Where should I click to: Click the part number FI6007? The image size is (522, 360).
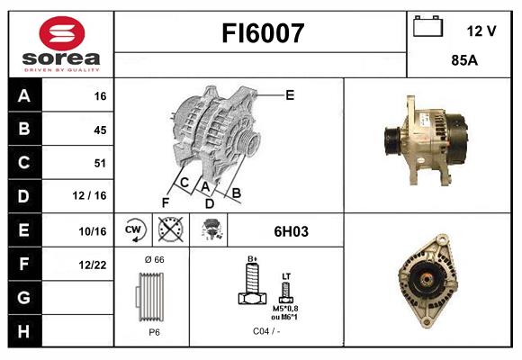pyautogui.click(x=263, y=34)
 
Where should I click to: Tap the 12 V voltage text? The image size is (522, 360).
pyautogui.click(x=481, y=31)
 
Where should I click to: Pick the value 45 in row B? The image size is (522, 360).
pyautogui.click(x=99, y=130)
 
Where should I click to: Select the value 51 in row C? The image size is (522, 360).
pyautogui.click(x=99, y=164)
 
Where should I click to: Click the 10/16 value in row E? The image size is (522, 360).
pyautogui.click(x=94, y=231)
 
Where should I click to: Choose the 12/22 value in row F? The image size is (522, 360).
pyautogui.click(x=94, y=265)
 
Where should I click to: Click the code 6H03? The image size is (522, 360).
pyautogui.click(x=291, y=231)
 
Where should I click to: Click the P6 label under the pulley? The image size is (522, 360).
pyautogui.click(x=154, y=332)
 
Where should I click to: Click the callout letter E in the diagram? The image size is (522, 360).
pyautogui.click(x=290, y=94)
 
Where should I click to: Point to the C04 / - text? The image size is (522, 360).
pyautogui.click(x=265, y=332)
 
